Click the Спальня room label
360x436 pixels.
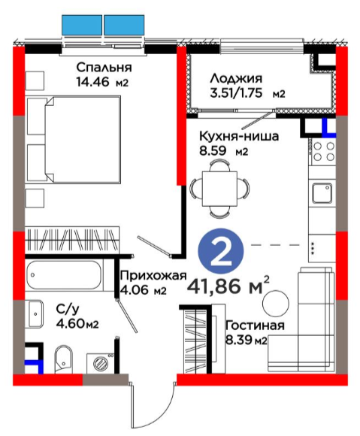point(104,68)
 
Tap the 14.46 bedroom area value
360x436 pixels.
point(93,82)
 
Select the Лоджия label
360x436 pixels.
point(236,78)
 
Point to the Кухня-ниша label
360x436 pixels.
point(239,137)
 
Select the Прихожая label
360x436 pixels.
point(153,276)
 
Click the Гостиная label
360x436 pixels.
point(255,325)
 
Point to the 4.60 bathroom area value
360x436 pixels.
point(69,323)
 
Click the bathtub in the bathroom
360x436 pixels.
point(64,275)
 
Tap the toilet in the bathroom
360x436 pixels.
point(63,359)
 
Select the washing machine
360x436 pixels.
point(101,363)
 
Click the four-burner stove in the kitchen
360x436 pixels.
point(323,152)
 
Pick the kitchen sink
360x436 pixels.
point(322,193)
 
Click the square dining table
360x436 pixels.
point(219,189)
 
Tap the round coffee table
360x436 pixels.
point(276,303)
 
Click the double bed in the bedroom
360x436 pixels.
point(74,139)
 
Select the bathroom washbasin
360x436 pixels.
point(36,314)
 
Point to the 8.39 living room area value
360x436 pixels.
point(238,340)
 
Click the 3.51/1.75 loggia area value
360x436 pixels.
point(236,93)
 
